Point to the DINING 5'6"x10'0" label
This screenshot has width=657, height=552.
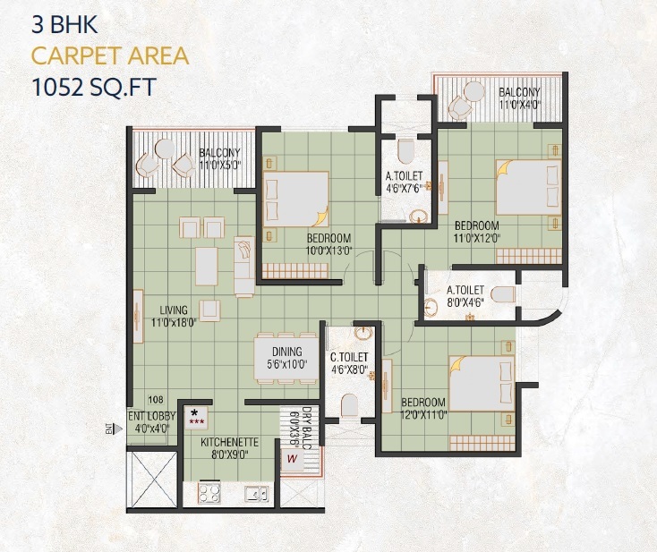coord(287,358)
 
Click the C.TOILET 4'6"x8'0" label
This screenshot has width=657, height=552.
coord(349,363)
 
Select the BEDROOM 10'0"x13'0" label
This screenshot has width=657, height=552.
coord(328,245)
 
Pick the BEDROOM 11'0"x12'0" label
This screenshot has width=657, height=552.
coord(475,232)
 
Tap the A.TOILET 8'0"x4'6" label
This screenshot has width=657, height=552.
coord(465,296)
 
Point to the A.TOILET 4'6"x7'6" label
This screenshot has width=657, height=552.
coord(404,183)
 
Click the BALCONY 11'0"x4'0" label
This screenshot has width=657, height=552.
coord(518,98)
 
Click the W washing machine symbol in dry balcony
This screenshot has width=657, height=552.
coord(292,461)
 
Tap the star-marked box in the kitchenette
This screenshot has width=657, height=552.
coord(195,416)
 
